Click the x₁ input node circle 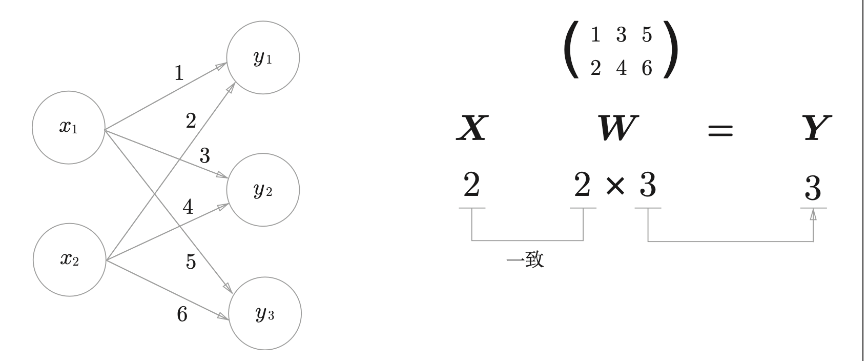coord(68,127)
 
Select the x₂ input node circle coord(69,260)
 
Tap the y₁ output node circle coord(263,58)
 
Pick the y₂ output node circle coord(263,190)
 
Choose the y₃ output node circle coord(264,314)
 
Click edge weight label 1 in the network coord(179,74)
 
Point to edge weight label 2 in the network coord(191,122)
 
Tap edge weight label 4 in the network coord(188,207)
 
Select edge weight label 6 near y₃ coord(182,314)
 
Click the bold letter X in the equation coord(471,128)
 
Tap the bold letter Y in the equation coord(816,128)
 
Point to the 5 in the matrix coord(647,35)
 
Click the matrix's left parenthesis coord(571,50)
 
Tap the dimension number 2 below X coord(471,185)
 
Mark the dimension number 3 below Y coord(813,188)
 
